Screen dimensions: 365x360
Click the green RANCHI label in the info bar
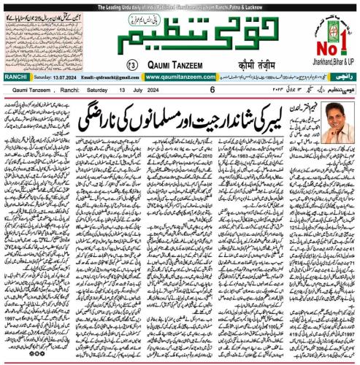pyautogui.click(x=15, y=76)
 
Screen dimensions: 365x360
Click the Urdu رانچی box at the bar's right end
pyautogui.click(x=343, y=76)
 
